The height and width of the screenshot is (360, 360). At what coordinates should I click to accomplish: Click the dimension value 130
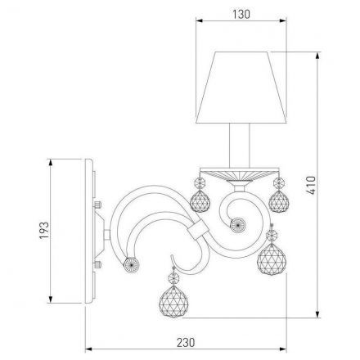(x=241, y=14)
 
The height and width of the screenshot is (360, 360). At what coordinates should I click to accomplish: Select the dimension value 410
(x=311, y=185)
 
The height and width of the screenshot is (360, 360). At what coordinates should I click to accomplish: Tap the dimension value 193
(x=44, y=230)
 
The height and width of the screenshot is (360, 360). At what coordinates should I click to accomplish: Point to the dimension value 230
(x=186, y=342)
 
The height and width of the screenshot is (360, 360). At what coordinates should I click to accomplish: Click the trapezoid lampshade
(x=241, y=88)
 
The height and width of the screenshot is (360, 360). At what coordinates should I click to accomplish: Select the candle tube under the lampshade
(x=239, y=145)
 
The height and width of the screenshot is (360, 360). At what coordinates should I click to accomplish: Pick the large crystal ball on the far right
(x=272, y=259)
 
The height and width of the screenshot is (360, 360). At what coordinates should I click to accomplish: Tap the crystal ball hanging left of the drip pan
(x=200, y=201)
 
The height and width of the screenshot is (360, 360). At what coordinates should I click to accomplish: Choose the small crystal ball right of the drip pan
(x=279, y=200)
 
